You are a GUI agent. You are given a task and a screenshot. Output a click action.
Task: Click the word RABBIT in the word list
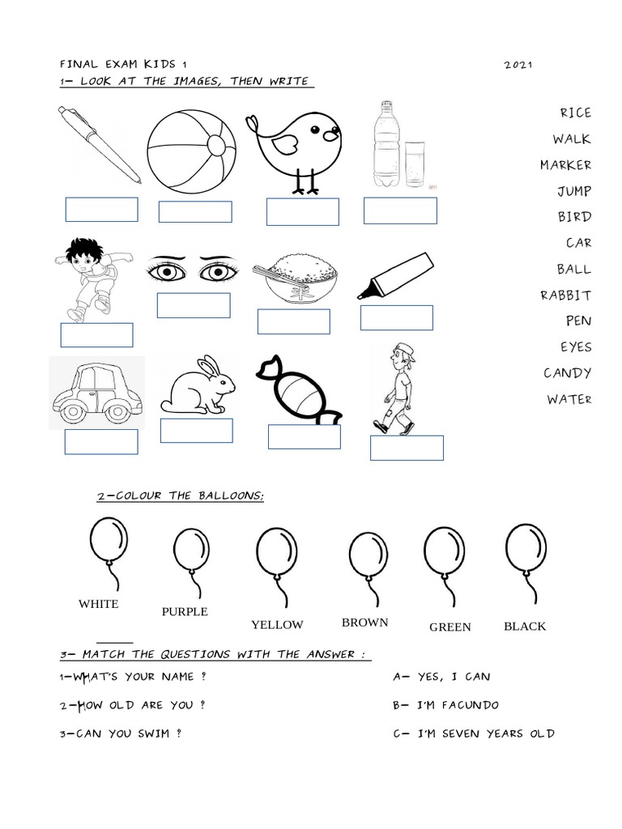click(x=565, y=295)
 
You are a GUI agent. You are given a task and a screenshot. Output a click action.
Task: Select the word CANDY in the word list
click(x=567, y=372)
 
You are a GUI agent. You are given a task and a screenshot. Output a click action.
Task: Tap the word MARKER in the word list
click(x=565, y=165)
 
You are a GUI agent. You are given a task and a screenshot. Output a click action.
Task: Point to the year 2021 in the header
click(x=518, y=65)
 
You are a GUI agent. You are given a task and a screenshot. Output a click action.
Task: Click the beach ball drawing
click(x=191, y=151)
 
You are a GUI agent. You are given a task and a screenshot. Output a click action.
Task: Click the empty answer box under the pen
click(x=101, y=209)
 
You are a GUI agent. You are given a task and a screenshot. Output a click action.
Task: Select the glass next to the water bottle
click(x=415, y=164)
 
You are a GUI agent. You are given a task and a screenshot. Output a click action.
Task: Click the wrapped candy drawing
click(x=297, y=391)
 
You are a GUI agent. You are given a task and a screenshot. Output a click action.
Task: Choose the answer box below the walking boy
click(x=407, y=448)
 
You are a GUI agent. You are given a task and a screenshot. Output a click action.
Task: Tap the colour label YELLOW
click(x=277, y=624)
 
